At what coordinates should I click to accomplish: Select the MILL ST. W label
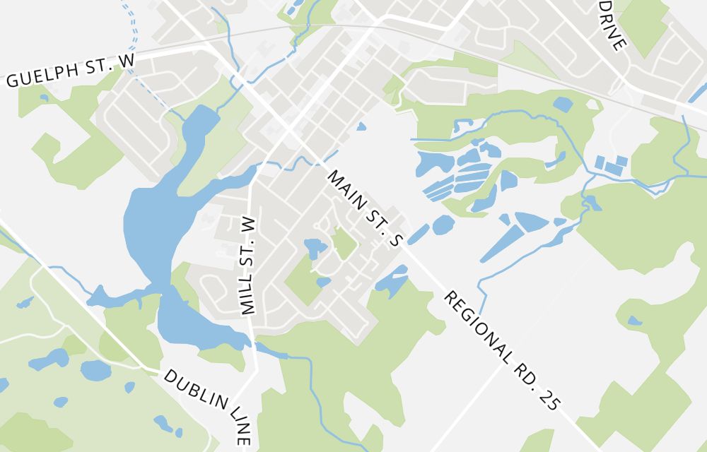[247, 265]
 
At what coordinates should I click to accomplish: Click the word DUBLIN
[191, 390]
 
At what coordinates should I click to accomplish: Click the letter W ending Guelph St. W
[127, 61]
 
